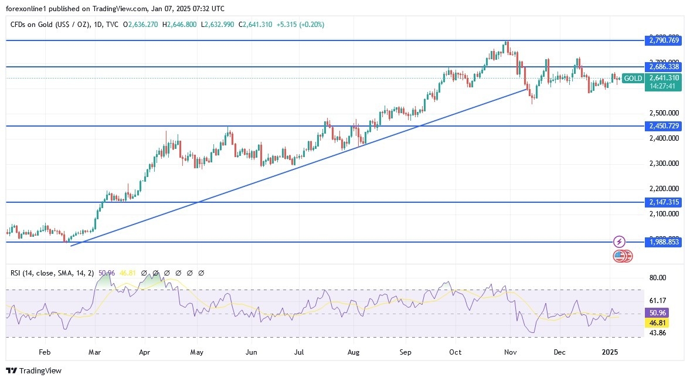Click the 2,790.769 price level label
click(664, 40)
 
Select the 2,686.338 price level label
click(664, 67)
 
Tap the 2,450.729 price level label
click(664, 126)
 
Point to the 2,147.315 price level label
click(664, 202)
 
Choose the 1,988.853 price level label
click(664, 241)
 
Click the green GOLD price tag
click(633, 78)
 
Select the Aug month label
click(354, 352)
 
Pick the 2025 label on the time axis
click(610, 352)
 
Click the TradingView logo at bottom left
click(33, 370)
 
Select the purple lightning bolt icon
click(620, 241)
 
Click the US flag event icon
click(619, 256)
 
